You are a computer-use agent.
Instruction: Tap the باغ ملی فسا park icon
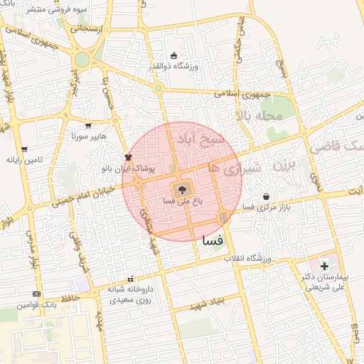pos(182,189)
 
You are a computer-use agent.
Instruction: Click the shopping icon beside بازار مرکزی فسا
pos(266,196)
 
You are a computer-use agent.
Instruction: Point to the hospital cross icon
pos(324,266)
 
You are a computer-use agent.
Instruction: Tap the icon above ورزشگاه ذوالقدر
pos(174,56)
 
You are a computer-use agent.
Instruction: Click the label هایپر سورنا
pos(87,136)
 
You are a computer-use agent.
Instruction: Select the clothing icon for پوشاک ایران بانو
pos(128,157)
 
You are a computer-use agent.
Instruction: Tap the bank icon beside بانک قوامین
pos(36,294)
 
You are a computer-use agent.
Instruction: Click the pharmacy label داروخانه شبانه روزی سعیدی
pos(128,294)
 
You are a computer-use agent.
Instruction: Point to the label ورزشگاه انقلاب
pos(267,257)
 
